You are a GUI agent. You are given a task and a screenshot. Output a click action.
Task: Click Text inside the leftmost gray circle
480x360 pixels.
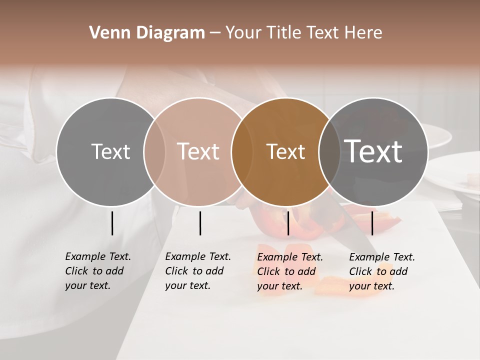pos(110,151)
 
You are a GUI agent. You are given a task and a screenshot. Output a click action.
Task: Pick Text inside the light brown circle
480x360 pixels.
pos(198,151)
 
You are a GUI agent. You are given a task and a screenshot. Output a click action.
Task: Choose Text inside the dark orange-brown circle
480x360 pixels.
pos(285,151)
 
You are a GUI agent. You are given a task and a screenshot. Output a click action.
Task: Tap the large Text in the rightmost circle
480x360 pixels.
pos(373,151)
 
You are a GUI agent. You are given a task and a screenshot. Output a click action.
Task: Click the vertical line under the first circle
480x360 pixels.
pos(112,223)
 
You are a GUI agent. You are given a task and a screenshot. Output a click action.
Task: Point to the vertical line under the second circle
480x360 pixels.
pos(200,223)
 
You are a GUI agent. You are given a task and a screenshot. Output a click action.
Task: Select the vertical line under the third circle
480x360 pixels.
pos(288,223)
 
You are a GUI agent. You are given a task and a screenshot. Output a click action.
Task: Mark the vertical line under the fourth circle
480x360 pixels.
pos(372,223)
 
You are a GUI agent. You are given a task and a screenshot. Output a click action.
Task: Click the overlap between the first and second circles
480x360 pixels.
pos(154,151)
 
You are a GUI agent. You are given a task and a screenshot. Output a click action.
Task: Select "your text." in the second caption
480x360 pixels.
pos(187,286)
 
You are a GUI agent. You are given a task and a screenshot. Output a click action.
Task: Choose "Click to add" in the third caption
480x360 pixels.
pos(286,271)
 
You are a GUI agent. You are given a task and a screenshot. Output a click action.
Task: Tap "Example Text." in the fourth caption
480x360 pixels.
pos(382,257)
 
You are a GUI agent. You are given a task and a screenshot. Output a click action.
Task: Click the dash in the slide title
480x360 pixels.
pos(215,33)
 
